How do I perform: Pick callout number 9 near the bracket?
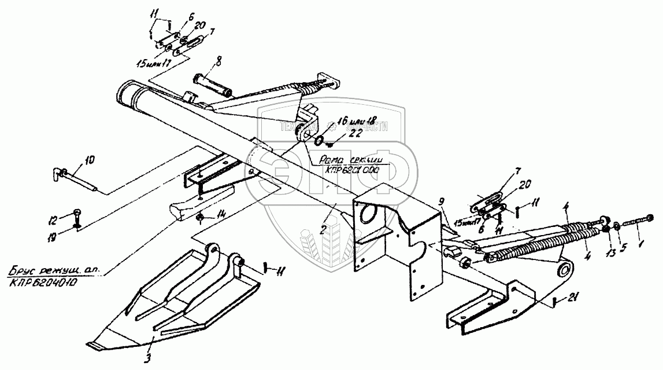(x=442, y=202)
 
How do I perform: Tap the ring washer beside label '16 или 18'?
(x=318, y=140)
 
